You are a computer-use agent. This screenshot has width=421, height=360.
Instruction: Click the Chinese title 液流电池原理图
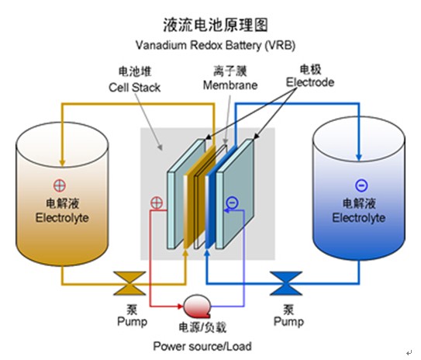tap(216, 25)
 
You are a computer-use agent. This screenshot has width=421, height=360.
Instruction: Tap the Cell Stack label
tap(134, 88)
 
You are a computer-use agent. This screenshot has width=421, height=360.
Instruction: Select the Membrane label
tap(230, 85)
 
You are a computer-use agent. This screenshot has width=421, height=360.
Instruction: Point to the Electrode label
tap(310, 82)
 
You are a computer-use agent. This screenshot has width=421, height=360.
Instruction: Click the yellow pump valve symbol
tap(129, 283)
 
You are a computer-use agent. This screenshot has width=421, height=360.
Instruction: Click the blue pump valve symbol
tap(286, 283)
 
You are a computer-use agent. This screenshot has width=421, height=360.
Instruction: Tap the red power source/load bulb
tap(197, 306)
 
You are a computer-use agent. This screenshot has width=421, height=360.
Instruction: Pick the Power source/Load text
tap(202, 346)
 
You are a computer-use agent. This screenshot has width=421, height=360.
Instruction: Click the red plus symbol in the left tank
tap(60, 185)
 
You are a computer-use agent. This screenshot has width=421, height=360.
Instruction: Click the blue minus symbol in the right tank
tap(361, 185)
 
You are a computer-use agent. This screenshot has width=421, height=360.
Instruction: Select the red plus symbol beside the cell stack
tap(157, 202)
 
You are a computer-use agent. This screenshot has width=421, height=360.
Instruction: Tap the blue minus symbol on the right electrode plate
tap(233, 202)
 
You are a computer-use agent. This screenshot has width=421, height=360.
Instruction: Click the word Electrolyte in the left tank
tap(62, 218)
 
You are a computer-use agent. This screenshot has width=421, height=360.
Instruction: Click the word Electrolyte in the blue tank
tap(359, 218)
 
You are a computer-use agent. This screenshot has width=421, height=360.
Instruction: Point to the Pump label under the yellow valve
tap(133, 321)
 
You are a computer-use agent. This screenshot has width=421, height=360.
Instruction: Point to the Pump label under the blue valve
tap(288, 321)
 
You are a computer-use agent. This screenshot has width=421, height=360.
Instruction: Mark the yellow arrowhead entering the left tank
tap(62, 162)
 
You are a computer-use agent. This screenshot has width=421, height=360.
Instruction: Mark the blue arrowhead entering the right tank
tap(359, 157)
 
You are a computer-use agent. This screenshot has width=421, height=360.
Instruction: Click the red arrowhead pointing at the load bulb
tap(180, 306)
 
